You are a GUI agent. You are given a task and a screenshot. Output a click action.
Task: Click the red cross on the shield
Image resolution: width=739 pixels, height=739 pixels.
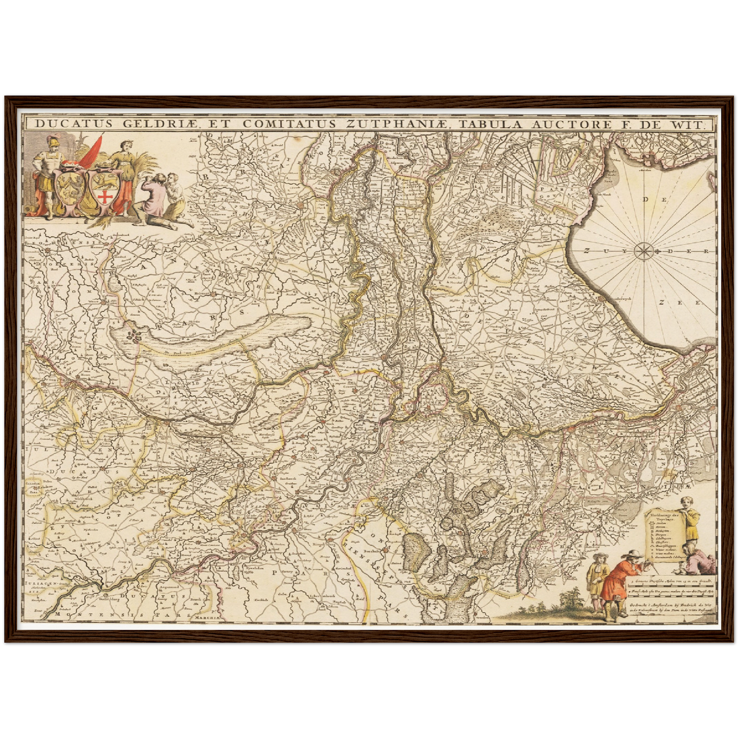point(105,196)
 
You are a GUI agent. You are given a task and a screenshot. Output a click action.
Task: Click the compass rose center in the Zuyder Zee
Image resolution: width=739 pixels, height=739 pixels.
point(642,251)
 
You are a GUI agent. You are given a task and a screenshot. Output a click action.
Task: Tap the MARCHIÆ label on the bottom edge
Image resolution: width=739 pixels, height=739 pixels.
point(206,617)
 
